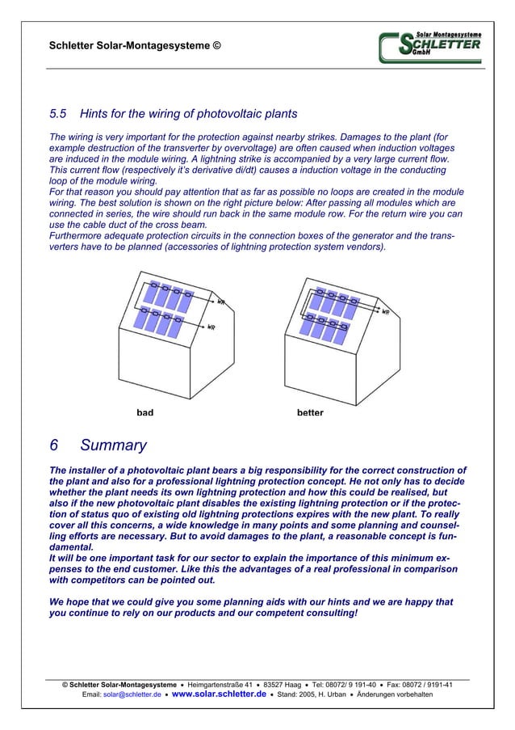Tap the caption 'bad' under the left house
tap(144, 412)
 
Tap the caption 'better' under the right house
tap(310, 412)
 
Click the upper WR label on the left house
tap(221, 302)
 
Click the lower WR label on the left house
tap(211, 327)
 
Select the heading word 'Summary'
tap(114, 445)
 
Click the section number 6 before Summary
tap(54, 445)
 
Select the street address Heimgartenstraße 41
tap(217, 684)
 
